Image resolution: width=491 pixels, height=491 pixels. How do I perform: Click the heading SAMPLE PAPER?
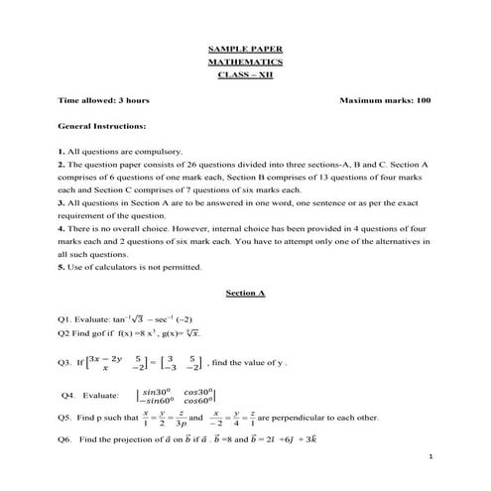(x=245, y=46)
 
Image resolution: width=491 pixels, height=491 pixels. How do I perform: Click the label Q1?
(x=67, y=320)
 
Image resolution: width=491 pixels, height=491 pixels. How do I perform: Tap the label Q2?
(x=66, y=335)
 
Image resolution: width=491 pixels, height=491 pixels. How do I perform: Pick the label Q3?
(x=67, y=363)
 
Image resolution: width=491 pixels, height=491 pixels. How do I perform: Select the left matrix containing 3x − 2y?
(x=124, y=363)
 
